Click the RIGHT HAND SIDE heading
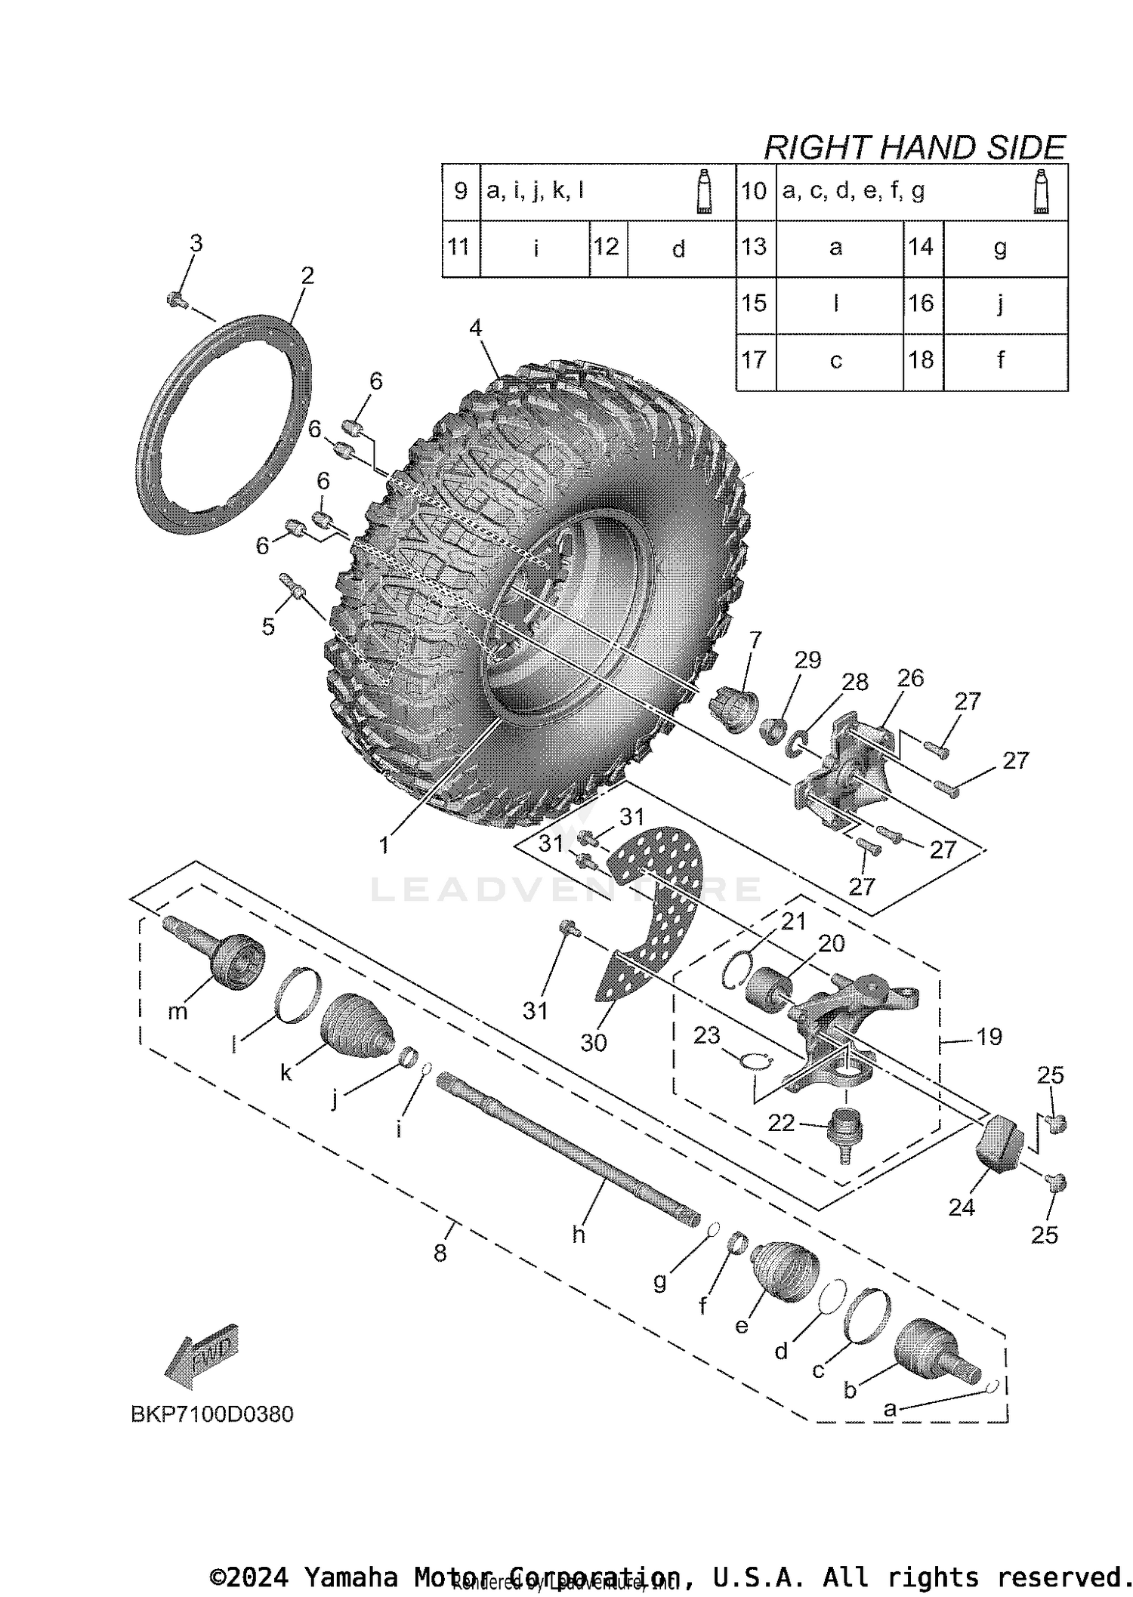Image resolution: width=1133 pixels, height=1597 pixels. [x=914, y=147]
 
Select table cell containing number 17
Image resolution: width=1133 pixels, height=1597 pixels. [x=755, y=360]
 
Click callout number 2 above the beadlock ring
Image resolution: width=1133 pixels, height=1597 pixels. [x=307, y=276]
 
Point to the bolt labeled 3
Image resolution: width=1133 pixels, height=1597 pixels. [x=176, y=300]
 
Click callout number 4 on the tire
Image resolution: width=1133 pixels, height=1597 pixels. [x=475, y=328]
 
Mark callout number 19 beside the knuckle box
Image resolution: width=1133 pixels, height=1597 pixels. [x=989, y=1037]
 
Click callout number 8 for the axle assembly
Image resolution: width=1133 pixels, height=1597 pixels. [x=440, y=1253]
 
